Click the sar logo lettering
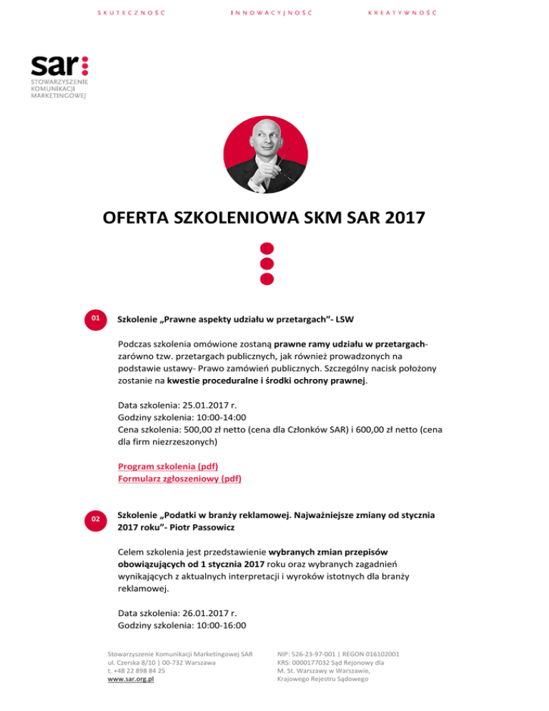[x=54, y=67]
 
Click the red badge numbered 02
[x=96, y=518]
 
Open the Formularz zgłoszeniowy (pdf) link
[x=179, y=479]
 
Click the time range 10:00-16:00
[x=220, y=626]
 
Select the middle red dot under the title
[x=267, y=264]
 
